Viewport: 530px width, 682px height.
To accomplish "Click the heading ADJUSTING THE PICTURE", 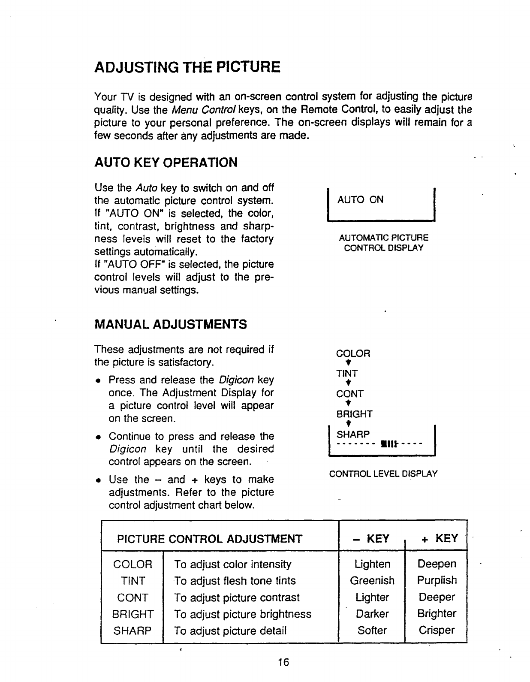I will (x=187, y=67).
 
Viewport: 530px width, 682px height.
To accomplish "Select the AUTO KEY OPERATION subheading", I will (x=166, y=163).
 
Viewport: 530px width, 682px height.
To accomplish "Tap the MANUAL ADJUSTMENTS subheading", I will (x=170, y=324).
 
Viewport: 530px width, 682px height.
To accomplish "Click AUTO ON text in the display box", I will (x=360, y=200).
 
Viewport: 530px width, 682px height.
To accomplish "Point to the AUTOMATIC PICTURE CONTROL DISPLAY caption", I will (x=383, y=243).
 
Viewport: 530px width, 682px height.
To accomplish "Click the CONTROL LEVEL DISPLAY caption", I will (x=383, y=474).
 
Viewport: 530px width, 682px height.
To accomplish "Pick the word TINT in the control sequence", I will (x=347, y=374).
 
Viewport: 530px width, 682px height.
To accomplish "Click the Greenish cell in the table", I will (x=372, y=581).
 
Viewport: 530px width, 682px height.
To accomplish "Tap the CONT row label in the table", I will (x=132, y=598).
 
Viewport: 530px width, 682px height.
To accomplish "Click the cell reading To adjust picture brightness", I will (x=242, y=614).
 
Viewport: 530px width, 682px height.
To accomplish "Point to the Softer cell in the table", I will (x=372, y=631).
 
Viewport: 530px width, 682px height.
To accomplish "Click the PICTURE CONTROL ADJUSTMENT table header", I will (x=210, y=539).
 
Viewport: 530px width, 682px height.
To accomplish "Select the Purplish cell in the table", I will (x=437, y=580).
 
